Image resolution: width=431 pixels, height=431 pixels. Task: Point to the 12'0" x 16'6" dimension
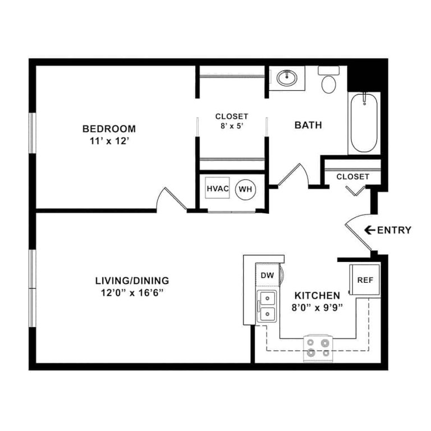click(132, 292)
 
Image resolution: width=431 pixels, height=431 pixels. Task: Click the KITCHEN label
click(318, 295)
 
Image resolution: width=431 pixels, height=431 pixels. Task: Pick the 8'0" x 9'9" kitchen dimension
click(318, 307)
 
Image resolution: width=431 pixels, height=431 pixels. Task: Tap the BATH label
click(308, 125)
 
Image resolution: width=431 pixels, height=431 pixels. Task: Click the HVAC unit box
click(218, 189)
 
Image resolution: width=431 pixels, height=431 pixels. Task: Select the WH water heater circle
click(245, 189)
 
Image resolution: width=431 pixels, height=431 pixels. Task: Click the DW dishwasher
click(267, 275)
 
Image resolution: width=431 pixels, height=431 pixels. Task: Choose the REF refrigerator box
click(365, 279)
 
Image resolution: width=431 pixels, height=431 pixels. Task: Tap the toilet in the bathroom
click(328, 82)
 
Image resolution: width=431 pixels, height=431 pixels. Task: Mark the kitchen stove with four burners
click(318, 347)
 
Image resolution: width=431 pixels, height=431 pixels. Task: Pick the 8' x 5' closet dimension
click(231, 126)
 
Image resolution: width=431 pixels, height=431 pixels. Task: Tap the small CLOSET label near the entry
click(352, 177)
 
